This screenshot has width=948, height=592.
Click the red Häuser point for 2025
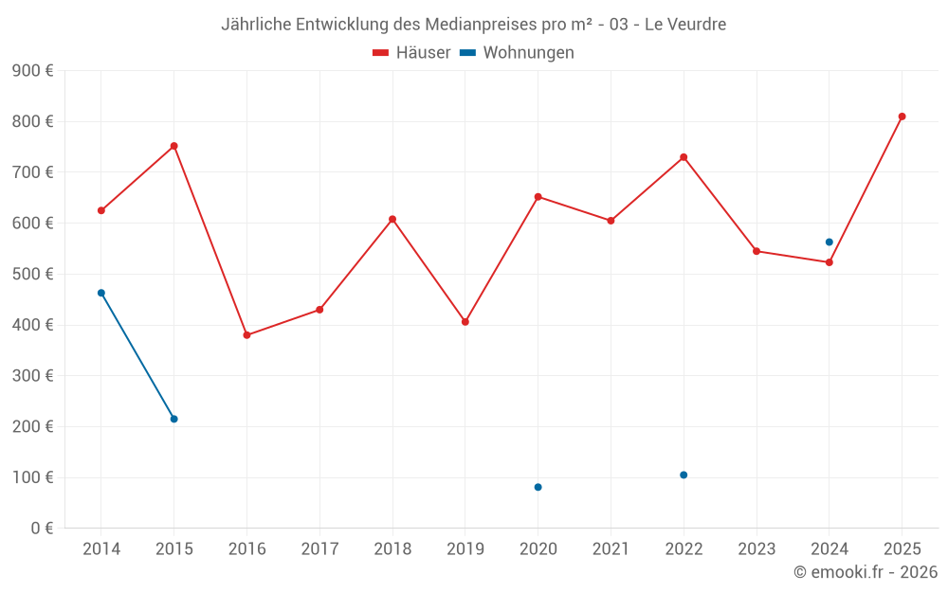(x=902, y=117)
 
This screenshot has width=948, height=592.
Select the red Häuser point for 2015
(x=174, y=146)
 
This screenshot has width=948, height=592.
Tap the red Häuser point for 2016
(x=246, y=335)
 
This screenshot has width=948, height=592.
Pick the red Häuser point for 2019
(x=465, y=322)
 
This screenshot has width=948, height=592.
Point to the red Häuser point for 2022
(x=684, y=157)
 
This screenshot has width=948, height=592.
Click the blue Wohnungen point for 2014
(x=101, y=293)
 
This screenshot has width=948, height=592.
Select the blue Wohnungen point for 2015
(x=174, y=419)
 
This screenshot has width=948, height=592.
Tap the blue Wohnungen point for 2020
(x=538, y=487)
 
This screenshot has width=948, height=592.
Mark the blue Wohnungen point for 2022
(x=684, y=475)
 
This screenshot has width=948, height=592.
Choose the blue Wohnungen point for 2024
(x=829, y=242)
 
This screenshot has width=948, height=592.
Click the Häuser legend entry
(x=411, y=53)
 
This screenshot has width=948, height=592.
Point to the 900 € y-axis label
(x=32, y=71)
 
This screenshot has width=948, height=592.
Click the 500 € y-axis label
(x=32, y=274)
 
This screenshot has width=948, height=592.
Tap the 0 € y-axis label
(x=41, y=528)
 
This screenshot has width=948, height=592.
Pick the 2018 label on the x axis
(x=392, y=549)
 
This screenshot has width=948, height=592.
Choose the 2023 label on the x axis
(x=756, y=549)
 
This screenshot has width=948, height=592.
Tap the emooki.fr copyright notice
(x=866, y=572)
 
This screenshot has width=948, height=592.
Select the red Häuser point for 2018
(x=392, y=219)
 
